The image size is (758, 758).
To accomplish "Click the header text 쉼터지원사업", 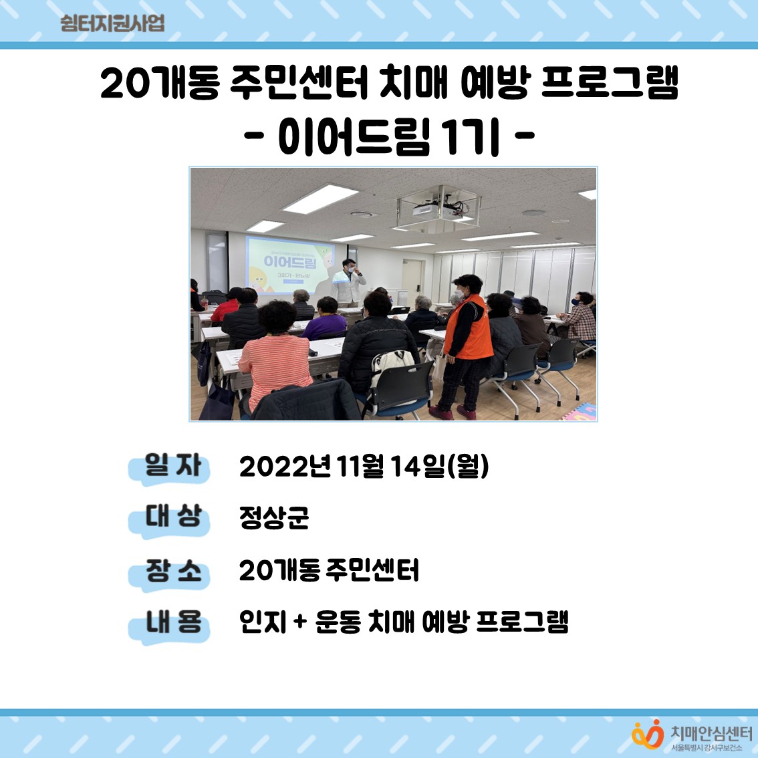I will [x=112, y=23].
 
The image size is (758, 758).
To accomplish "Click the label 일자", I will [x=172, y=465].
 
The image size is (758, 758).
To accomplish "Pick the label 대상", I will [x=172, y=517].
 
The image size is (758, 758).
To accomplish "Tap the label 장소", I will [x=172, y=571].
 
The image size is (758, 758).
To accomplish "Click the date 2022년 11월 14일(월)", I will [x=364, y=467].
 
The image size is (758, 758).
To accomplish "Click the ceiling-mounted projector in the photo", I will [x=436, y=208].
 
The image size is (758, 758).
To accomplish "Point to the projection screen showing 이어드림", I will [x=290, y=262].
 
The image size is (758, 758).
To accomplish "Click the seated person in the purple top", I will [x=326, y=320].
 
